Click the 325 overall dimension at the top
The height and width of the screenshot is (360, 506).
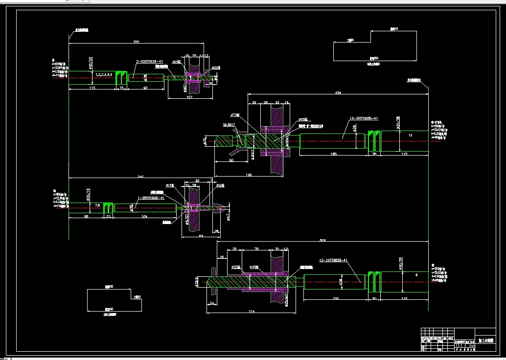[136, 42]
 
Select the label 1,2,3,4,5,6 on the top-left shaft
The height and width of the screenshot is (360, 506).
[104, 74]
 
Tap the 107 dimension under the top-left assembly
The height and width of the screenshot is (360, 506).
[190, 96]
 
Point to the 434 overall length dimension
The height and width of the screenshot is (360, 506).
[338, 92]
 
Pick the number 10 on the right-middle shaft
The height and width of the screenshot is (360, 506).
[410, 135]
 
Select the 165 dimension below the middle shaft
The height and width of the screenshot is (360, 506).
[333, 154]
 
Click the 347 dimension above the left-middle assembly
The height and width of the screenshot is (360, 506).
[141, 176]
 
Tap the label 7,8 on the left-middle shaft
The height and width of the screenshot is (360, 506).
[97, 205]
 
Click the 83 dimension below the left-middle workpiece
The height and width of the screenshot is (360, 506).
[201, 236]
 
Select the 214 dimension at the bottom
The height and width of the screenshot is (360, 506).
[251, 311]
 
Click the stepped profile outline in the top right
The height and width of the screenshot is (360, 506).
[375, 45]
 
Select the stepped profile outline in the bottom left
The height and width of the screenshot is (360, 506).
[115, 299]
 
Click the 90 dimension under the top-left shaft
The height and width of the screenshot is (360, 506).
[145, 88]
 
